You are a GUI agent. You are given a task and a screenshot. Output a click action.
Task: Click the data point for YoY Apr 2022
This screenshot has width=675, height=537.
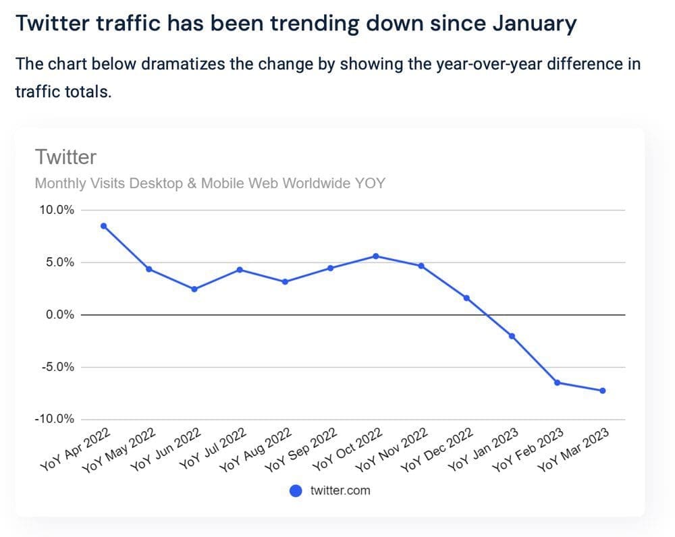[103, 226]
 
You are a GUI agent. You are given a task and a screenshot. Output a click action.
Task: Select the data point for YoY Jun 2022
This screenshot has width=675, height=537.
[194, 289]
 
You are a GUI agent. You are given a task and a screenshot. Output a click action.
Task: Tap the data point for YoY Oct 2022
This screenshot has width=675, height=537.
[376, 256]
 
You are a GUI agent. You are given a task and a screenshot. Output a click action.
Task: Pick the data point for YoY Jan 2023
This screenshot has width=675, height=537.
[512, 336]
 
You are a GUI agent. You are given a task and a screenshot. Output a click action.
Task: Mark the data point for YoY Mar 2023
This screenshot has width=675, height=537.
[602, 391]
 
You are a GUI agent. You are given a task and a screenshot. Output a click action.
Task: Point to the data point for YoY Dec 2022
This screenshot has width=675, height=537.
[466, 298]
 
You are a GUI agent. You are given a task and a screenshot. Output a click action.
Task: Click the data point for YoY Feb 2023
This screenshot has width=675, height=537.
[557, 383]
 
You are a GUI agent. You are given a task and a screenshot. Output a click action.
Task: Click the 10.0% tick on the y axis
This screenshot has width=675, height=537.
[57, 210]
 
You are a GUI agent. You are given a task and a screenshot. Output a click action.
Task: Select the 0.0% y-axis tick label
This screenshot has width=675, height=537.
[59, 315]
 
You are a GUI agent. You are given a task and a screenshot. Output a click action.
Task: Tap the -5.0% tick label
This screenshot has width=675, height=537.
[58, 368]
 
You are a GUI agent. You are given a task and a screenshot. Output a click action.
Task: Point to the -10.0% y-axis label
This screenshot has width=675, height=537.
[55, 420]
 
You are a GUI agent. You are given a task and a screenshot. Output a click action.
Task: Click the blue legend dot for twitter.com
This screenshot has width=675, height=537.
[296, 490]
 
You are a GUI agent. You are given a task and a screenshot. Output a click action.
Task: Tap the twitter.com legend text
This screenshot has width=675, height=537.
[340, 490]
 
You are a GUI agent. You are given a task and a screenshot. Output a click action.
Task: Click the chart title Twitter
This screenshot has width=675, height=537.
[65, 157]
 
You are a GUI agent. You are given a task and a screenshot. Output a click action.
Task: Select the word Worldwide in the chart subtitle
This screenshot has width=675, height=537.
[309, 183]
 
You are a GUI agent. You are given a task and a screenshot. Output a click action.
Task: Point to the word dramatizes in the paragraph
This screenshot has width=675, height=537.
[185, 64]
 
